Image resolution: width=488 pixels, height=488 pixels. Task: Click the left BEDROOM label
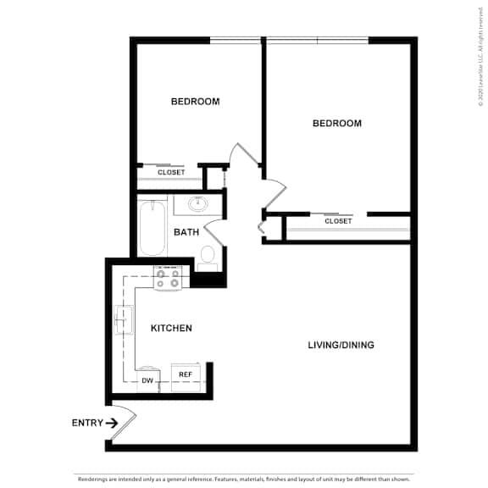point(195,102)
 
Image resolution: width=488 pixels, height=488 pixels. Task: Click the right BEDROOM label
point(336,124)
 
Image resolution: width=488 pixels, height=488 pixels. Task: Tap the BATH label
point(186,232)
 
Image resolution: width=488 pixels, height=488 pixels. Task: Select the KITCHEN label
point(171,328)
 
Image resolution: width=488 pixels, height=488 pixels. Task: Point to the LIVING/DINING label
point(341,345)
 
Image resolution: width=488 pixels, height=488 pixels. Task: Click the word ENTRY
point(87,423)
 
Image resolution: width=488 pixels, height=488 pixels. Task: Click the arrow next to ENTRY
point(112,423)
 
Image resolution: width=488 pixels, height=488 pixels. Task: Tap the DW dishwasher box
point(147,380)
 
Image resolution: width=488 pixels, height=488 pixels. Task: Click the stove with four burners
point(167,277)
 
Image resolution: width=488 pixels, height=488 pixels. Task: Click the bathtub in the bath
point(152,227)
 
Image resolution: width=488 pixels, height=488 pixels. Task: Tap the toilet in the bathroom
point(208,257)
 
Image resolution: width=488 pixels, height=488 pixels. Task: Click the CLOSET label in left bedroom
point(171,172)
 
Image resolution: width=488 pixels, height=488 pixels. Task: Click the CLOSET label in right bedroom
point(338,221)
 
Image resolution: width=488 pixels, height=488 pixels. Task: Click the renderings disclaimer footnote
point(244,479)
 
